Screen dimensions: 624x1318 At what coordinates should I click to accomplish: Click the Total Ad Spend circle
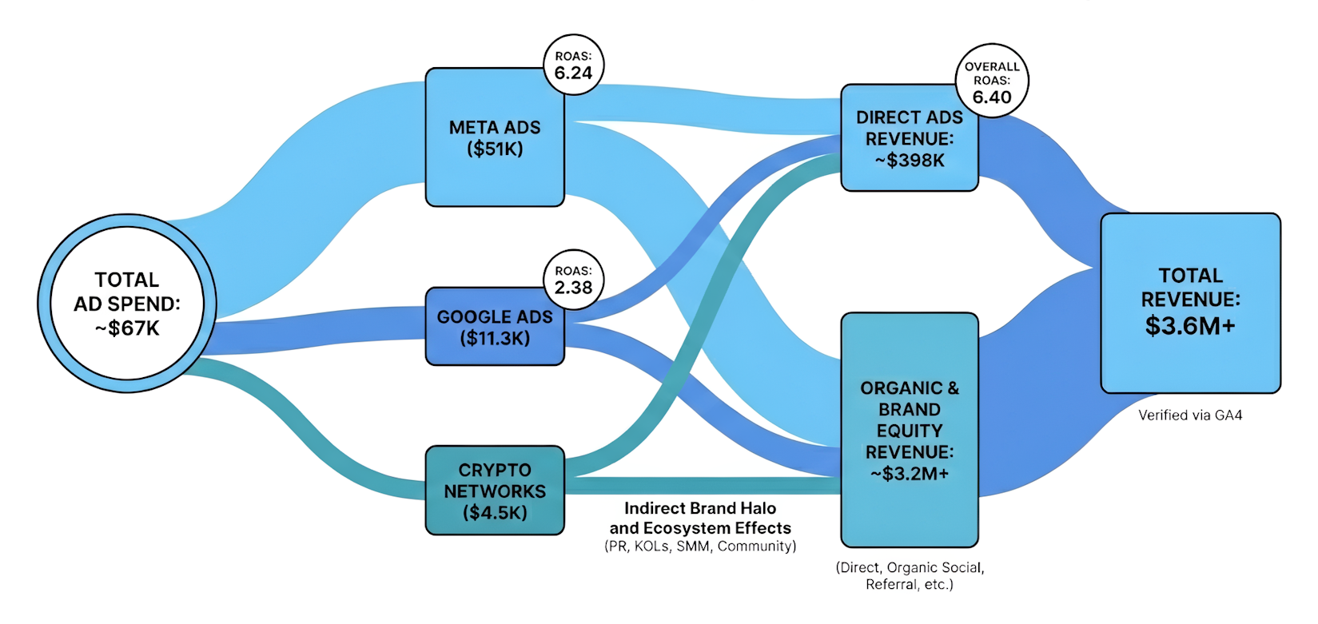tap(126, 303)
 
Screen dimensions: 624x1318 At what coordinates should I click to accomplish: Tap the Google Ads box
tap(494, 328)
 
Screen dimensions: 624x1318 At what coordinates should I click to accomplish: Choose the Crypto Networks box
tap(494, 491)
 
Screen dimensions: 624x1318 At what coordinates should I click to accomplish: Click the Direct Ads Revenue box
tap(909, 138)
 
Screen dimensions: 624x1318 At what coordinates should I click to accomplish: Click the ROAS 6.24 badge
tap(573, 65)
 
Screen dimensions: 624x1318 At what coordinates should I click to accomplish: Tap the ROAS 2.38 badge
tap(573, 280)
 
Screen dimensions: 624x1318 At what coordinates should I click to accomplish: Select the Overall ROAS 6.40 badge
tap(992, 81)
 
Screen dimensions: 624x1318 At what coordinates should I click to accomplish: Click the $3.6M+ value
tap(1190, 326)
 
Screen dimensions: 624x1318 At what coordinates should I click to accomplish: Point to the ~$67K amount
tap(127, 328)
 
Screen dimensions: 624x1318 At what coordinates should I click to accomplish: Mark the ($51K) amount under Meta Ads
tap(495, 149)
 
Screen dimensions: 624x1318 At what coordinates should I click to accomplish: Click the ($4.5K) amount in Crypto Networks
tap(495, 513)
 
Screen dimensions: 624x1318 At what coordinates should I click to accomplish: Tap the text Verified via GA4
tap(1190, 415)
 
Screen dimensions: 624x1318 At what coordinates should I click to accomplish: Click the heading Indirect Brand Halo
tap(700, 508)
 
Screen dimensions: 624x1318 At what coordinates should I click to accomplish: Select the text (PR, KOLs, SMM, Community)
tap(700, 546)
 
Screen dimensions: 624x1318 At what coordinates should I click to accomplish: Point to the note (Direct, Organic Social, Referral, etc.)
tap(910, 576)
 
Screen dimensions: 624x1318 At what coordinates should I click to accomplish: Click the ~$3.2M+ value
tap(910, 474)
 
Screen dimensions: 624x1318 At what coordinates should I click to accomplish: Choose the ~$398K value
tap(910, 161)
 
